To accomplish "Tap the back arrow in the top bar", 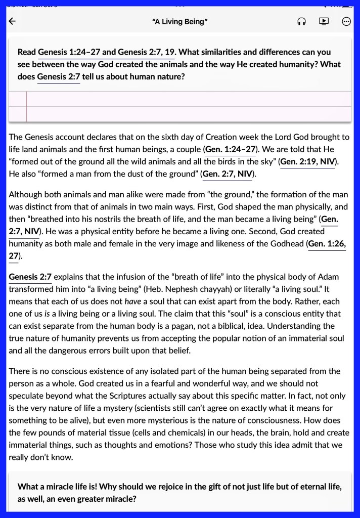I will click(13, 21).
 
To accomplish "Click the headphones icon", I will click(302, 21).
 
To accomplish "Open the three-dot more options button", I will click(346, 21).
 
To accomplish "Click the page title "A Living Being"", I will click(180, 21).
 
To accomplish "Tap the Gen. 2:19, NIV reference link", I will click(308, 161).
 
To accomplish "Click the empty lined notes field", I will click(187, 106).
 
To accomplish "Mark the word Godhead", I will click(285, 243).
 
